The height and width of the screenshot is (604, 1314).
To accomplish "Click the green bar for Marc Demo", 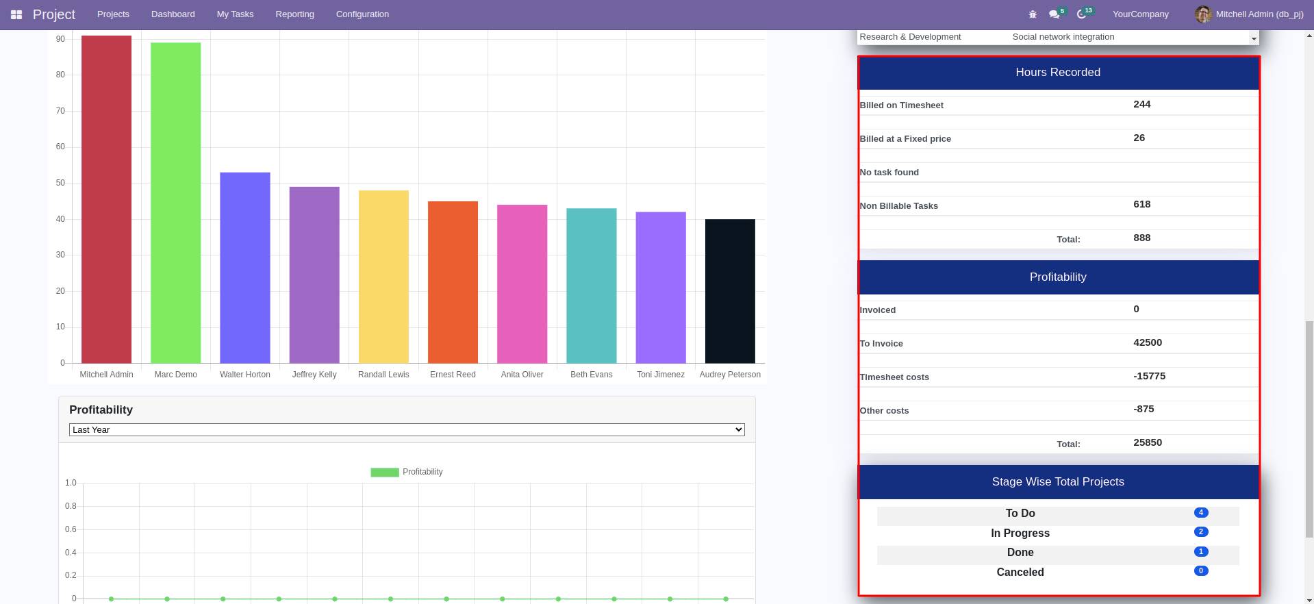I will click(175, 203).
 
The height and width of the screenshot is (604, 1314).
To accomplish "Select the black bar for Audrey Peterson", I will click(730, 291).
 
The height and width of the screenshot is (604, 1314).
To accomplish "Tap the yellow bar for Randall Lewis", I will click(383, 277).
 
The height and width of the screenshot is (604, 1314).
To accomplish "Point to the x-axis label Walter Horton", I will click(245, 375).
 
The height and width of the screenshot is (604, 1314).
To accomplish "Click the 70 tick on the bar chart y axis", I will click(61, 111).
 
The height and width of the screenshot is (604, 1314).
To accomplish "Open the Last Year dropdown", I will click(407, 430).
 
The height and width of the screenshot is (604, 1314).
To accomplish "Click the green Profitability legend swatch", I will click(385, 473).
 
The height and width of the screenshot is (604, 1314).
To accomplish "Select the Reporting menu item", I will click(294, 14).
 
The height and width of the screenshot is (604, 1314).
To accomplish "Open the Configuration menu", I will click(362, 14).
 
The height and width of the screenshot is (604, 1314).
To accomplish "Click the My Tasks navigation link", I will click(235, 14).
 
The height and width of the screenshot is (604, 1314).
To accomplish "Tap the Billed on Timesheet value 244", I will click(1141, 105).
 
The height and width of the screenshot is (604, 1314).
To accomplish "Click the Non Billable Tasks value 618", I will click(1141, 205).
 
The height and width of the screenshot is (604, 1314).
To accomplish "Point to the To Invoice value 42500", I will click(1147, 343).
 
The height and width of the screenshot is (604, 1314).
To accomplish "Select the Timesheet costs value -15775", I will click(1149, 377).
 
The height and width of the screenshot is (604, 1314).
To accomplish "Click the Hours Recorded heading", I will click(1058, 73).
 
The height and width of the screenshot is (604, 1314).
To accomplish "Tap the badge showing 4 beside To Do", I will click(1200, 513).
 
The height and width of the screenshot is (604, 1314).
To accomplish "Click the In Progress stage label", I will click(1020, 533).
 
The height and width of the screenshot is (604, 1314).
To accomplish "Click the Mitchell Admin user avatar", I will click(1203, 14).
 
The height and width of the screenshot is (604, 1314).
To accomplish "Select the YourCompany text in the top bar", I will click(1140, 14).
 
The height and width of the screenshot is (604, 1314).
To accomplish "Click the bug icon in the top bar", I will click(1033, 14).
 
